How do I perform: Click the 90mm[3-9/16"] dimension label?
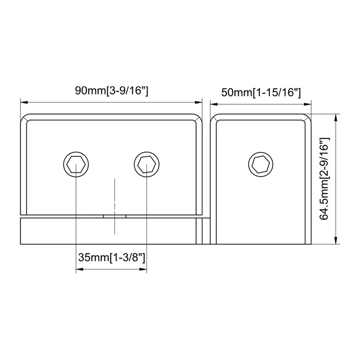coord(112,91)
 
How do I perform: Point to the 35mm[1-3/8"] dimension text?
coord(111,258)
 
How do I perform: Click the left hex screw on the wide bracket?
coord(76,164)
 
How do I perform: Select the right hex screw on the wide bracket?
coord(146,164)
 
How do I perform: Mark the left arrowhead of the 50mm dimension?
coord(215,103)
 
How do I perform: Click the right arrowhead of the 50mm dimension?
coord(309,103)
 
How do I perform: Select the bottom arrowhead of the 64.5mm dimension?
coord(336,242)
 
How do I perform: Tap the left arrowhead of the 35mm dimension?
coord(79,270)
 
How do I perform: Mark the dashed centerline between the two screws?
coord(115,205)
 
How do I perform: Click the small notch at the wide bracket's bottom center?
coord(115,216)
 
